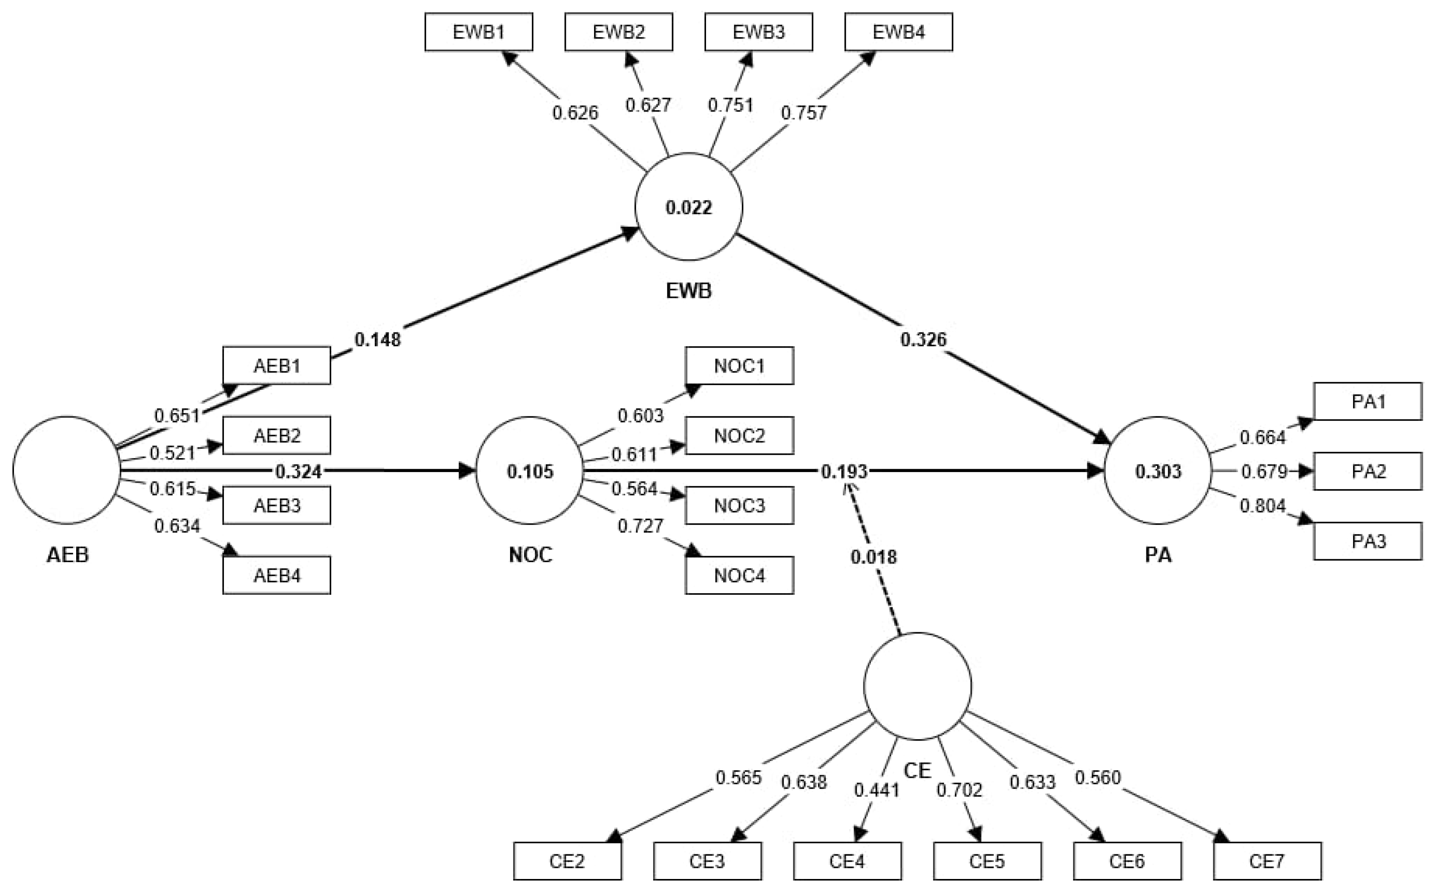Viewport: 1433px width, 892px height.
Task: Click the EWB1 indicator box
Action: pos(478,33)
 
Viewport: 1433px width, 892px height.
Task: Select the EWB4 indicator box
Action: pos(898,33)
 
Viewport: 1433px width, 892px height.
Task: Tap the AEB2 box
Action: pos(276,436)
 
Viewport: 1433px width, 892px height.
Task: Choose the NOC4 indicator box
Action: pos(739,575)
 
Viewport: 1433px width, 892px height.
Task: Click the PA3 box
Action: pos(1368,541)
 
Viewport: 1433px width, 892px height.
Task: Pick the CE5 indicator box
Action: pos(987,861)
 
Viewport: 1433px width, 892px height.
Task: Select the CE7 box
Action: pos(1267,861)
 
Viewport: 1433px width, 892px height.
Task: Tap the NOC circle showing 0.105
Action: pos(530,471)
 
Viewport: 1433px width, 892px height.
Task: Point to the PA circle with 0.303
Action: pos(1158,471)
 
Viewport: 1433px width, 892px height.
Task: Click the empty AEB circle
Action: pos(66,470)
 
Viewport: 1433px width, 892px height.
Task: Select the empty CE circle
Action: pos(917,686)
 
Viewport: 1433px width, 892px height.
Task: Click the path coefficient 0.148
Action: pos(378,340)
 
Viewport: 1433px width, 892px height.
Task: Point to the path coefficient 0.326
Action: pos(923,340)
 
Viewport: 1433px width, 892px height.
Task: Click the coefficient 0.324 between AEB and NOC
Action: pos(298,472)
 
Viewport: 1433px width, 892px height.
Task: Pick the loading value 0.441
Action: pos(877,790)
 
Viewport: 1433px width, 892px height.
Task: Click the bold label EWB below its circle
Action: pos(688,291)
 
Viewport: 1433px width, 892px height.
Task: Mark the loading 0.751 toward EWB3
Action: pos(731,105)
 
